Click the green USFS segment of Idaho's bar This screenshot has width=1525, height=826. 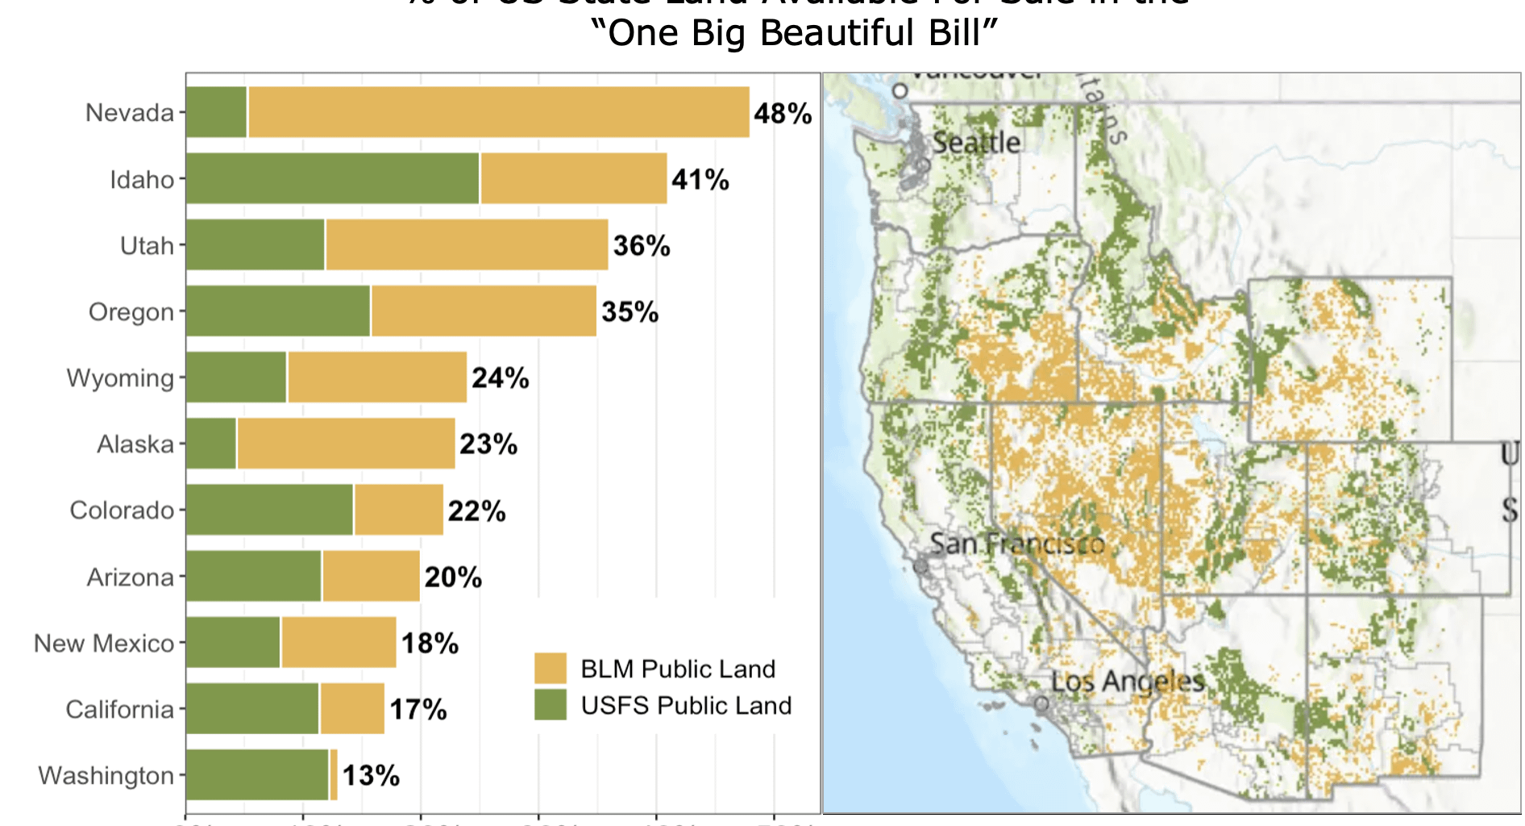pyautogui.click(x=332, y=178)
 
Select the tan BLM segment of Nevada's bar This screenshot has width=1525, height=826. pyautogui.click(x=498, y=112)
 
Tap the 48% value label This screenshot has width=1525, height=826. pyautogui.click(x=783, y=114)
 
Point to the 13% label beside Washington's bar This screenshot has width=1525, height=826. pyautogui.click(x=371, y=776)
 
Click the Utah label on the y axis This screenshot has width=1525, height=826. pyautogui.click(x=147, y=245)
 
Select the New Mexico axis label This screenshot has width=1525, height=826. pyautogui.click(x=104, y=643)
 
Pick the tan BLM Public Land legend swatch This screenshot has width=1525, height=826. pyautogui.click(x=551, y=669)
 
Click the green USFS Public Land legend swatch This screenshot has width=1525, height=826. pyautogui.click(x=551, y=704)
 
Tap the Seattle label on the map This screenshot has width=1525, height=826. pyautogui.click(x=976, y=143)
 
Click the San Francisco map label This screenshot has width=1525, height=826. pyautogui.click(x=1017, y=544)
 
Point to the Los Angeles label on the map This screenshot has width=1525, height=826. pyautogui.click(x=1128, y=682)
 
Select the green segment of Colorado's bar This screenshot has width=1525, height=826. pyautogui.click(x=269, y=510)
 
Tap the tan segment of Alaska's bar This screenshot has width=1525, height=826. pyautogui.click(x=346, y=443)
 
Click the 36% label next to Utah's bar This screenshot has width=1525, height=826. pyautogui.click(x=642, y=246)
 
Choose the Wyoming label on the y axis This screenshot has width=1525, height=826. pyautogui.click(x=120, y=378)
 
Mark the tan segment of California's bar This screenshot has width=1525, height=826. pyautogui.click(x=352, y=708)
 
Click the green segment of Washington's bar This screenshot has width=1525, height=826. pyautogui.click(x=257, y=775)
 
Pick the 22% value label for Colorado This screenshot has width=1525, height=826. pyautogui.click(x=476, y=511)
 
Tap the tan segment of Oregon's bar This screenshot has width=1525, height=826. pyautogui.click(x=484, y=311)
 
